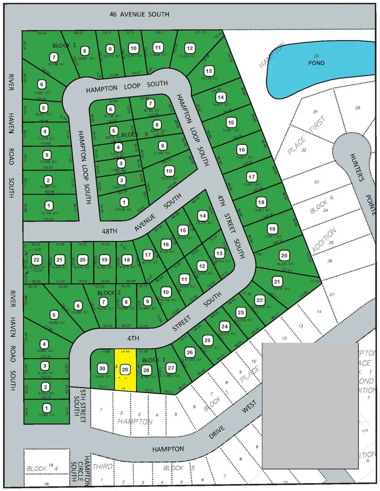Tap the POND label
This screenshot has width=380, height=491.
tap(316, 63)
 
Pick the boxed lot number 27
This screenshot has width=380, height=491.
tap(172, 367)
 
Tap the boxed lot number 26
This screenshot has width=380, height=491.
tap(190, 353)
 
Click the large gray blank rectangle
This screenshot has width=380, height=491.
tap(310, 405)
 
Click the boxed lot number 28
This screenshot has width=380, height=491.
tap(146, 370)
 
